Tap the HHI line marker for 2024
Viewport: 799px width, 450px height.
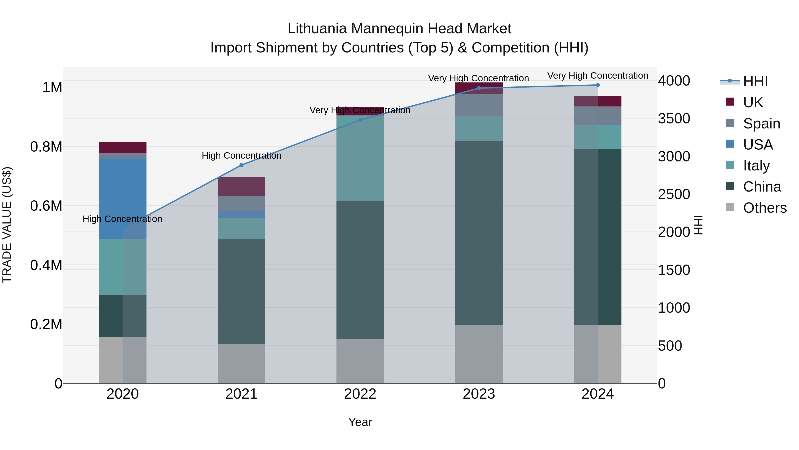pyautogui.click(x=598, y=85)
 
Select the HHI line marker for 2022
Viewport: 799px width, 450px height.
pyautogui.click(x=360, y=120)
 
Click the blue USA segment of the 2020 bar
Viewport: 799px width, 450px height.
pyautogui.click(x=123, y=199)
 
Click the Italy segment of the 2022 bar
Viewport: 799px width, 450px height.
pyautogui.click(x=360, y=158)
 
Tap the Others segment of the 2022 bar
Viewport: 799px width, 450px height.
pyautogui.click(x=360, y=361)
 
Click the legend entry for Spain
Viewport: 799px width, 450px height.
pyautogui.click(x=761, y=124)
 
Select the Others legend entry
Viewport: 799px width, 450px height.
pyautogui.click(x=764, y=208)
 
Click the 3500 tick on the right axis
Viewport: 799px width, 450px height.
pyautogui.click(x=674, y=119)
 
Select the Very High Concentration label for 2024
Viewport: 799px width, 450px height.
pyautogui.click(x=597, y=76)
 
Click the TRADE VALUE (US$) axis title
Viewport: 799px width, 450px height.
pyautogui.click(x=7, y=225)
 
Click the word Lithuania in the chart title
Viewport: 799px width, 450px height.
pyautogui.click(x=317, y=29)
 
